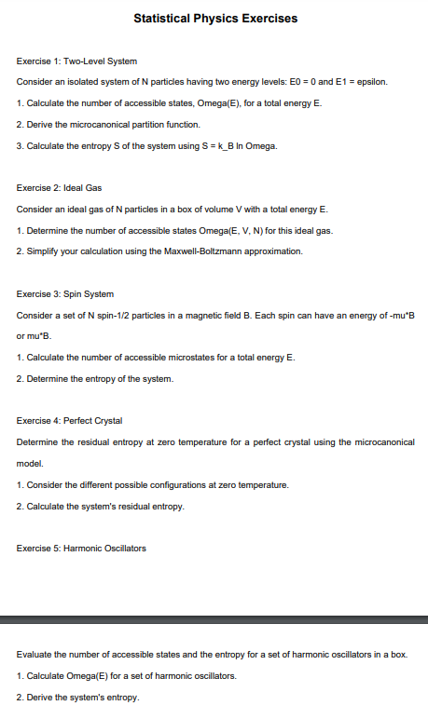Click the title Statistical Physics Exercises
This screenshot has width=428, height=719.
(x=215, y=18)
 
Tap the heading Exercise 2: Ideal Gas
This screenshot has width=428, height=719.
(x=59, y=187)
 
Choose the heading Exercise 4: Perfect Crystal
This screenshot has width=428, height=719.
(x=69, y=421)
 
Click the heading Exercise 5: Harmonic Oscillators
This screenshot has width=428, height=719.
(x=81, y=548)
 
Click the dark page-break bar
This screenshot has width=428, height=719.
(x=214, y=618)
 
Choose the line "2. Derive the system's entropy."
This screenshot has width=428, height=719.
(x=77, y=698)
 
